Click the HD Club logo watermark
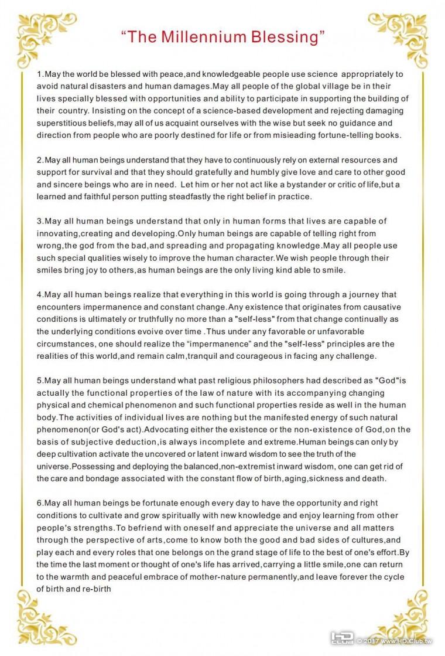(x=342, y=638)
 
